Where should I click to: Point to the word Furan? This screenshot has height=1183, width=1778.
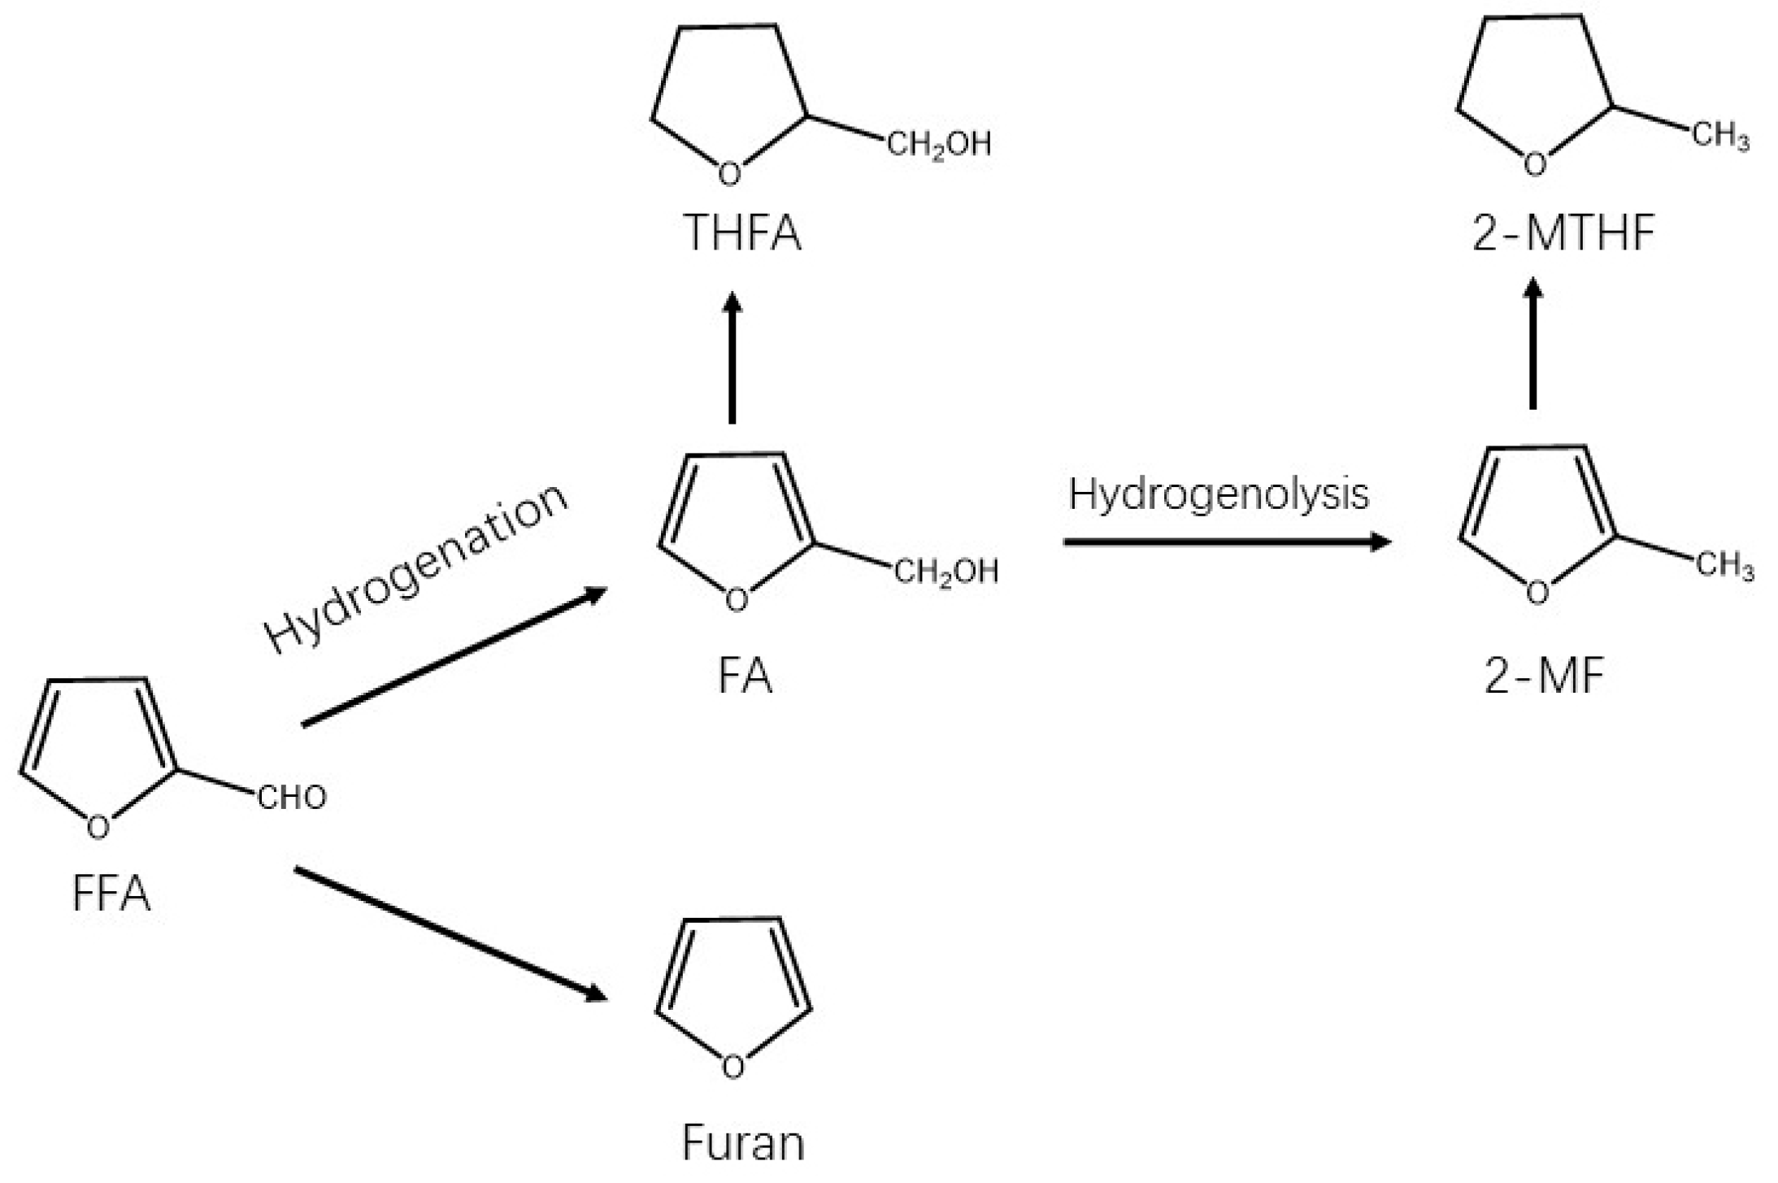click(x=743, y=1142)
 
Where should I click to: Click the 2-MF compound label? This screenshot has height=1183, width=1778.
click(x=1544, y=676)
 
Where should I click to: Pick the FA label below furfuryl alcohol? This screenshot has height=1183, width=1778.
click(x=745, y=676)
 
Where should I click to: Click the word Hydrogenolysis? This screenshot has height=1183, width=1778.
click(x=1219, y=494)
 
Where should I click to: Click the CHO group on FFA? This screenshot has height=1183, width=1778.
click(x=292, y=798)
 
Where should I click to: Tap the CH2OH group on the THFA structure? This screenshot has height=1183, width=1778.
click(x=939, y=145)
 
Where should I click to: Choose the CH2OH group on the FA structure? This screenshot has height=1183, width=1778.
click(x=946, y=572)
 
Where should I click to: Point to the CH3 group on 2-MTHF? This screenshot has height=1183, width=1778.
click(x=1721, y=135)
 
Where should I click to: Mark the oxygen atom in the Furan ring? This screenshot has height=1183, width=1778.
click(x=733, y=1066)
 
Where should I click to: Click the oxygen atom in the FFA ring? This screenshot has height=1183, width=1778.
click(x=98, y=828)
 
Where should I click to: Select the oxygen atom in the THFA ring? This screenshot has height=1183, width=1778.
click(x=730, y=173)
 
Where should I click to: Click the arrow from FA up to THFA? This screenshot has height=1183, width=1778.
click(x=732, y=358)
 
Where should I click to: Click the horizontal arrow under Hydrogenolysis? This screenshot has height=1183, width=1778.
click(x=1227, y=541)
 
